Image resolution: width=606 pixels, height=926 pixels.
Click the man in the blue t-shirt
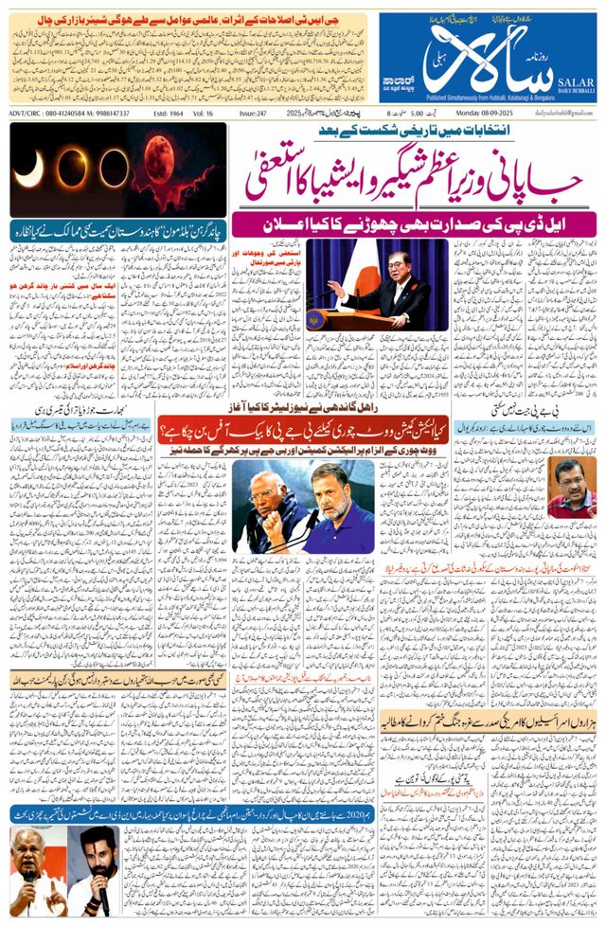(x=338, y=516)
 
